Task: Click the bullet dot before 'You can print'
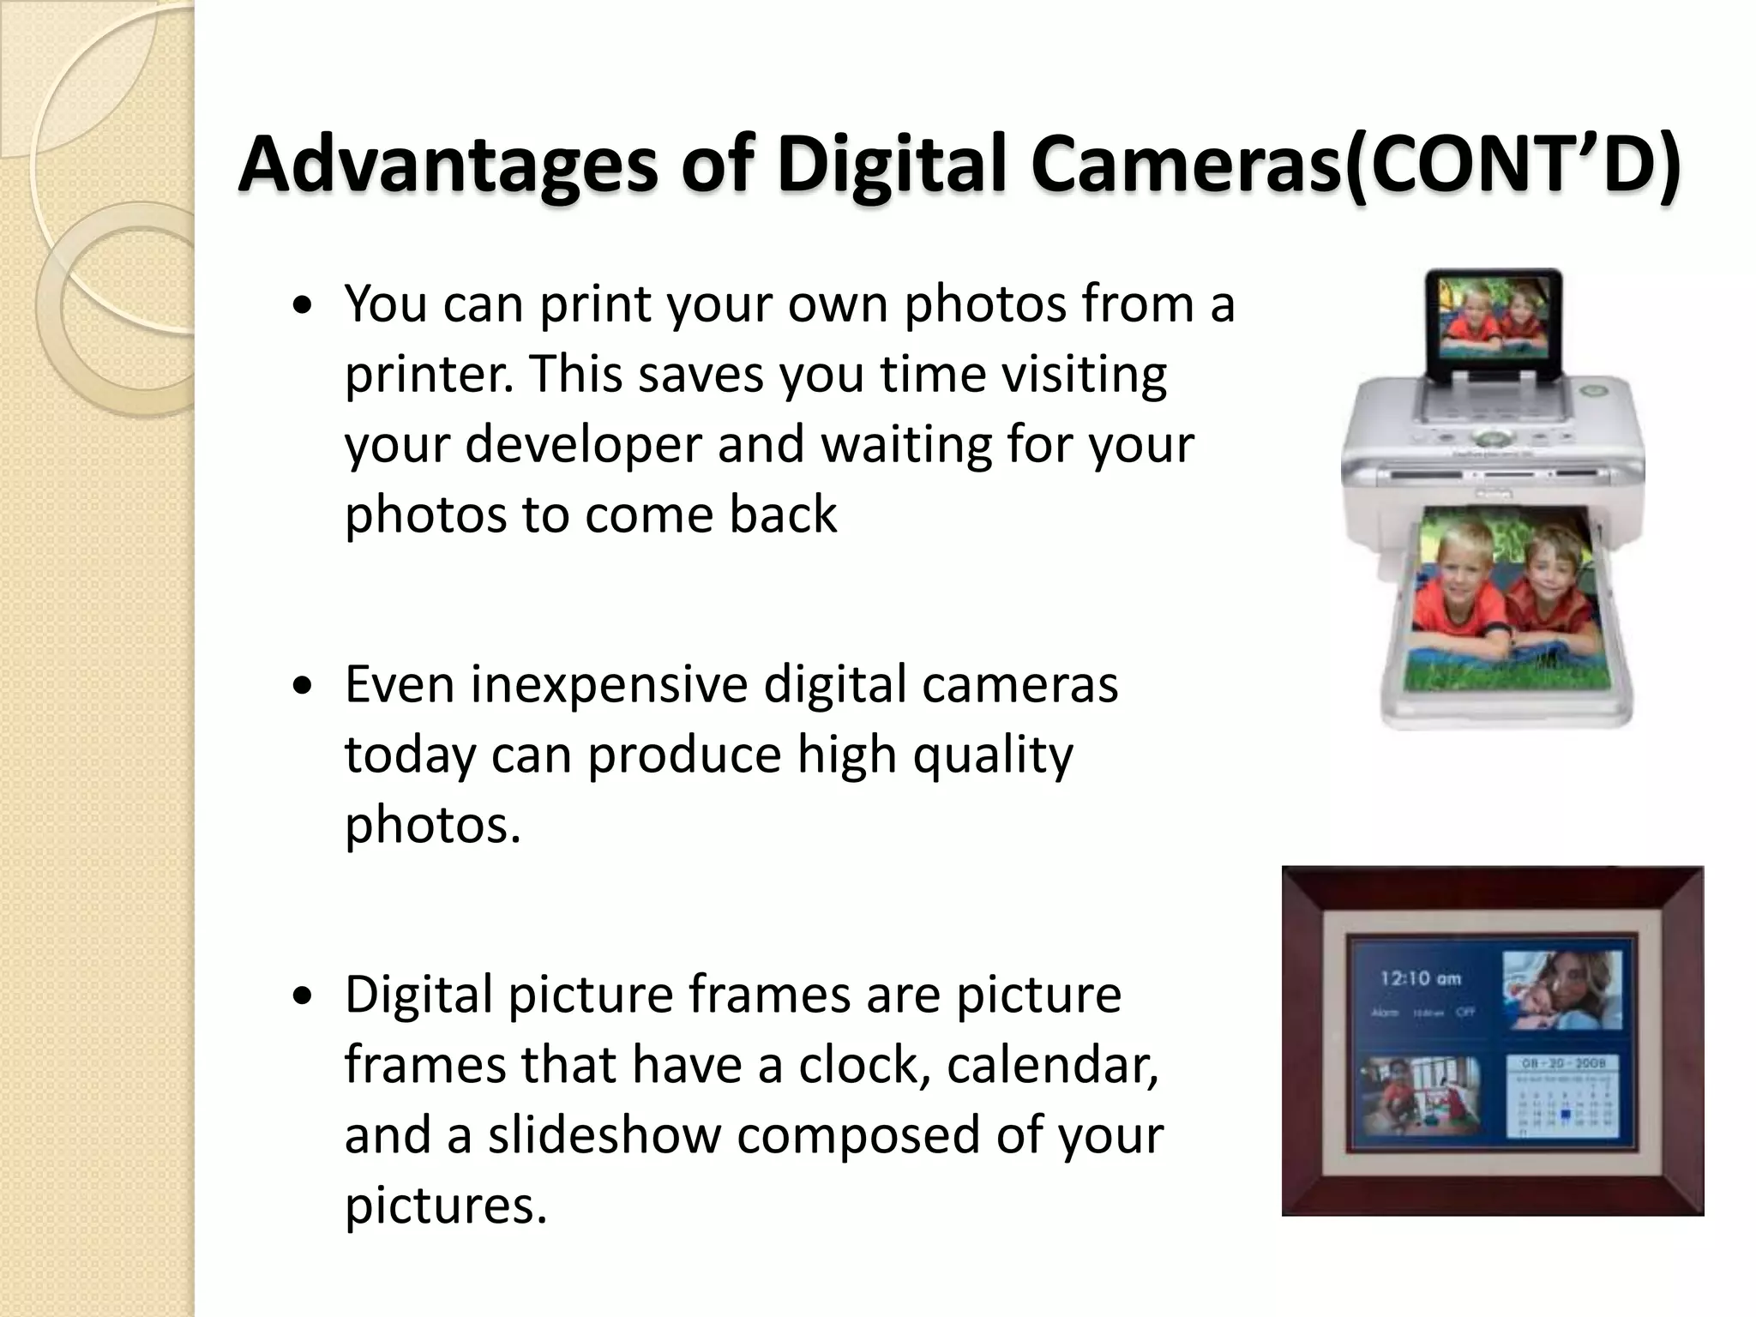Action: point(302,308)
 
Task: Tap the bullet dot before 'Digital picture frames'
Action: point(302,997)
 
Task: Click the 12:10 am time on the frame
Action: point(1421,977)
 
